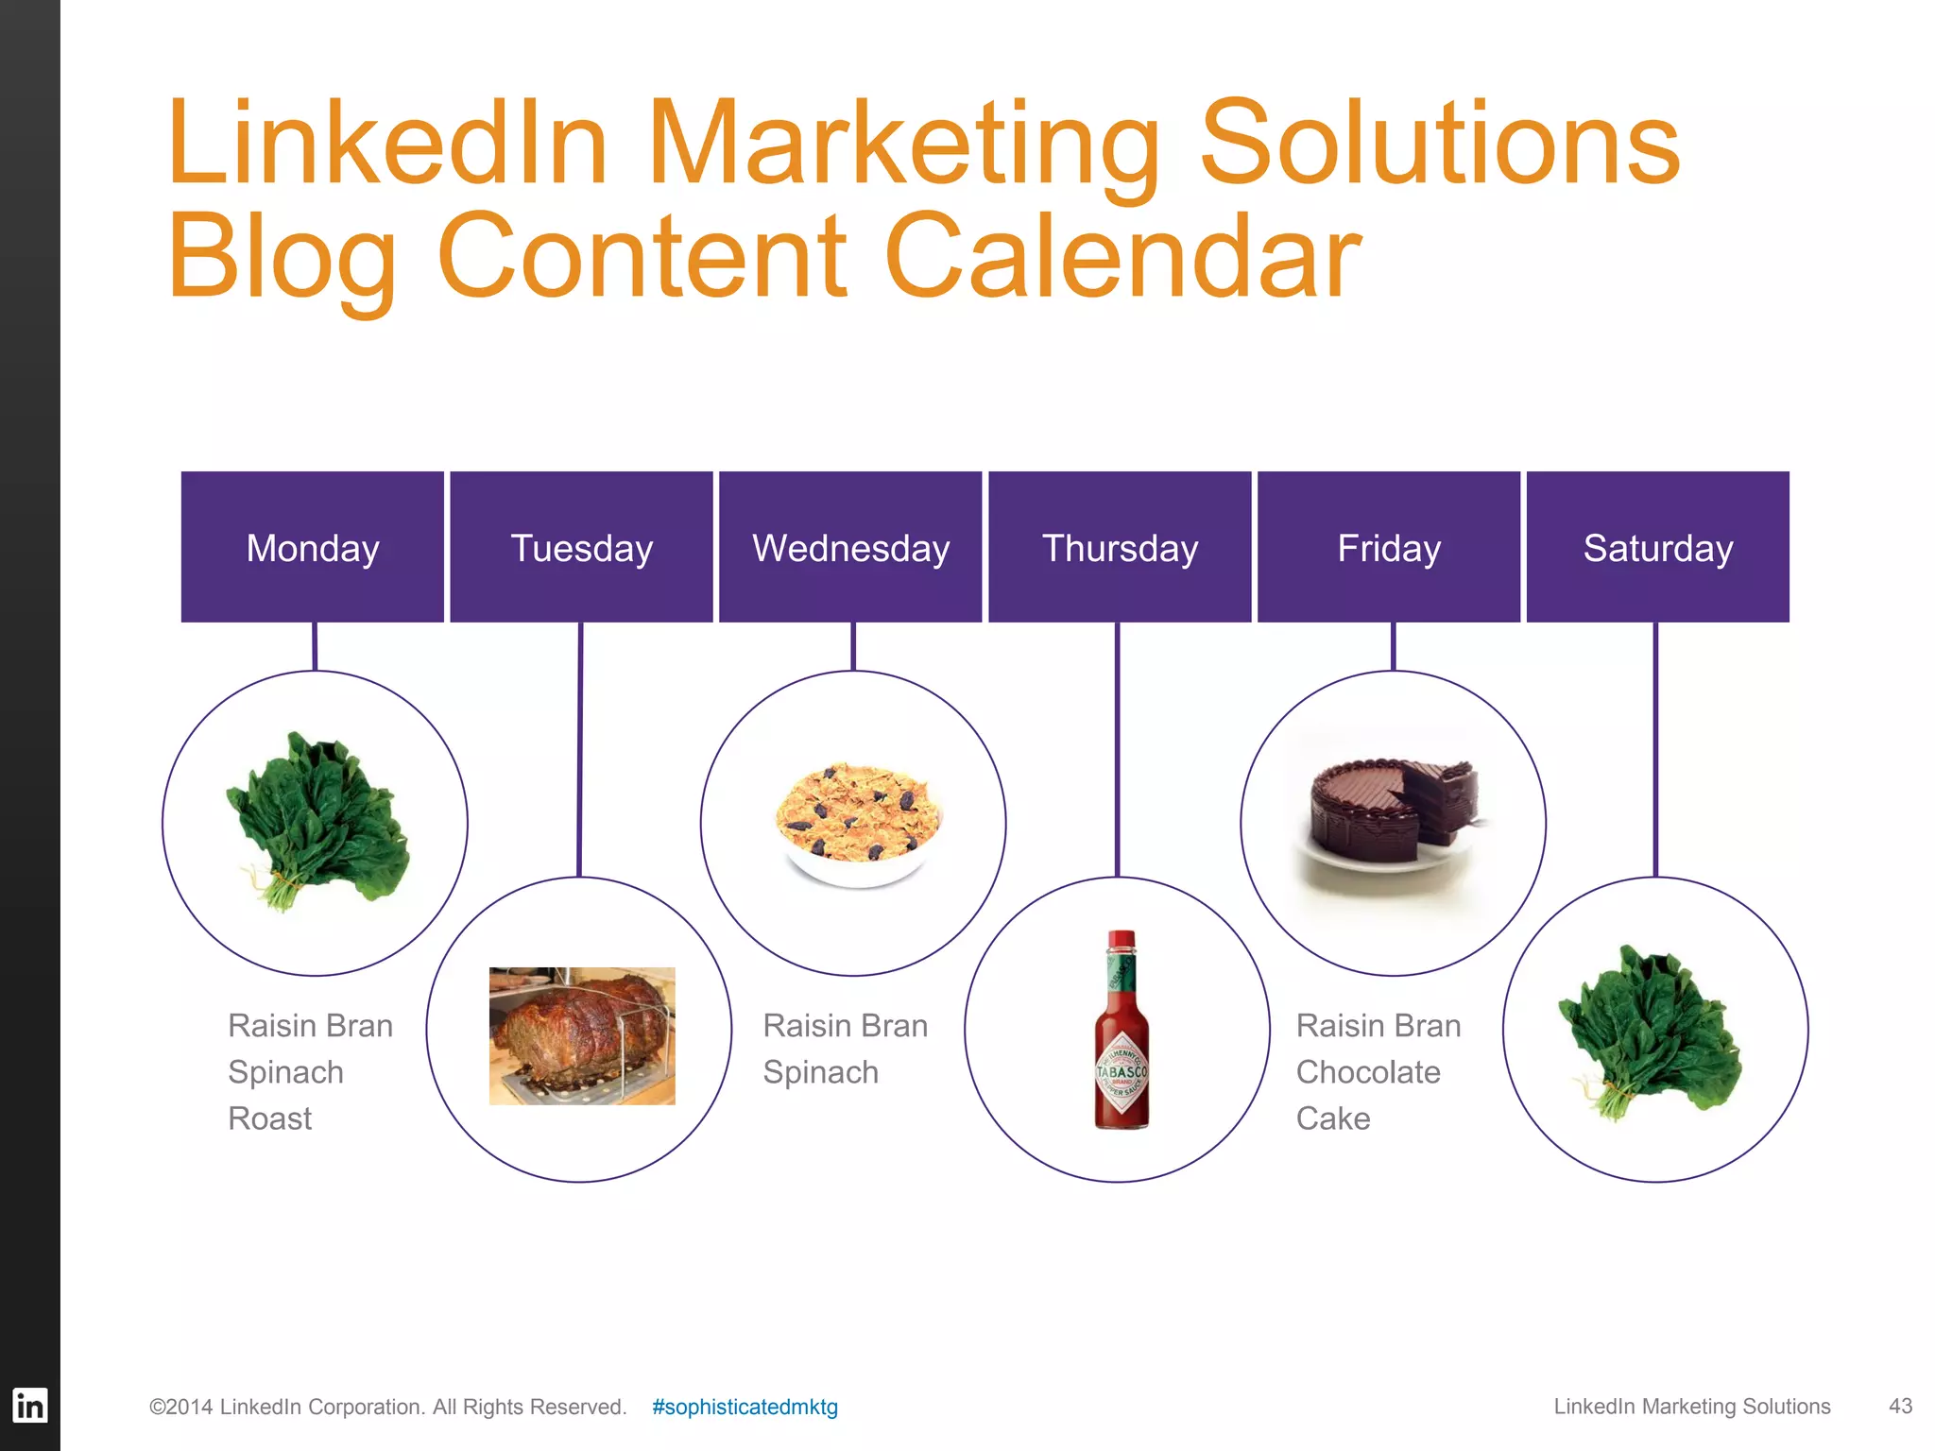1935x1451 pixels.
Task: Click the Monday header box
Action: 312,547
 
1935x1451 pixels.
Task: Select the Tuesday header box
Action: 581,547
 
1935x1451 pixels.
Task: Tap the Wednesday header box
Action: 850,547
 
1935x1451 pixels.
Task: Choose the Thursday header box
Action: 1120,547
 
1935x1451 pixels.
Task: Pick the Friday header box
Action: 1389,547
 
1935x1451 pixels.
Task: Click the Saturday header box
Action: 1658,547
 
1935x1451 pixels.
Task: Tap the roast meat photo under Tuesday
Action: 582,1035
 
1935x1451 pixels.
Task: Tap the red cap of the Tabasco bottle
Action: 1122,941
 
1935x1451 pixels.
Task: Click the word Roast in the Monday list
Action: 270,1118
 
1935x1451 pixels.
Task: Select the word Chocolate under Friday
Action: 1368,1072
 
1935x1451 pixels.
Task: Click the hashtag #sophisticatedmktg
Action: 745,1407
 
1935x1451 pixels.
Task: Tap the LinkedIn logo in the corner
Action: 29,1406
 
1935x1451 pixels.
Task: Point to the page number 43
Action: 1900,1406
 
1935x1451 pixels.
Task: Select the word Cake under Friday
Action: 1333,1118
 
